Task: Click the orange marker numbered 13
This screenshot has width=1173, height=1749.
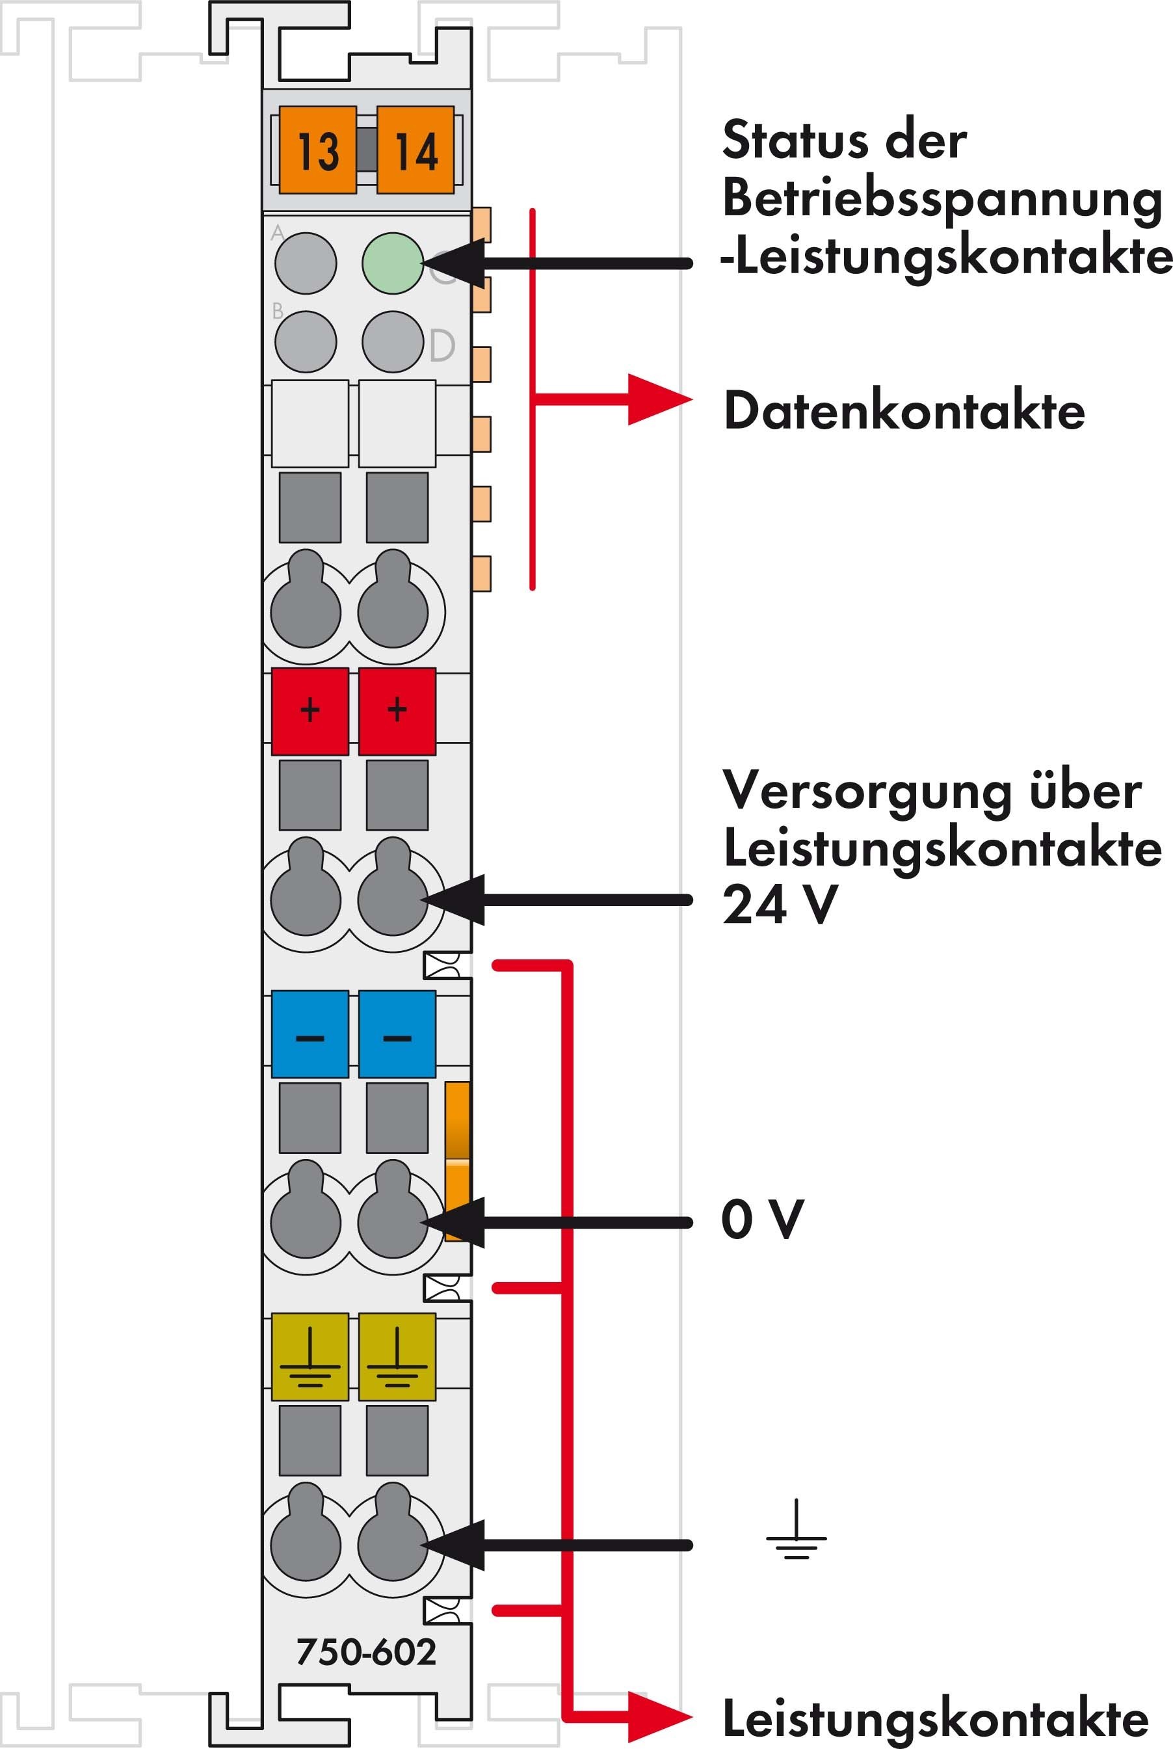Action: [317, 150]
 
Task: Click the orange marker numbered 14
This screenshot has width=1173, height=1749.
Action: [416, 150]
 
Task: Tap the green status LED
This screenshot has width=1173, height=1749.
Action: [393, 263]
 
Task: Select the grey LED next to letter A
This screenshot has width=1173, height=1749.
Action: [306, 263]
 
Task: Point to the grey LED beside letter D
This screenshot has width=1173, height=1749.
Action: [393, 342]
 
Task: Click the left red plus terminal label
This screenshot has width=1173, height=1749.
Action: [310, 711]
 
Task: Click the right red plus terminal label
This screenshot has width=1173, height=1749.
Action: [397, 711]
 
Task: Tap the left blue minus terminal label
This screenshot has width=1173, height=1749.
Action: [310, 1034]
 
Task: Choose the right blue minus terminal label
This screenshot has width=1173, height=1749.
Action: [397, 1034]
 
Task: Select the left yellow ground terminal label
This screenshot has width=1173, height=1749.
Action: [310, 1357]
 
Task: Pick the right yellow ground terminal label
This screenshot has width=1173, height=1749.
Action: [397, 1357]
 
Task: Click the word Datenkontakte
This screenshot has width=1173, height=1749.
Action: [904, 411]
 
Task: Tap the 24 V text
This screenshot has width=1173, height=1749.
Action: [780, 904]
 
